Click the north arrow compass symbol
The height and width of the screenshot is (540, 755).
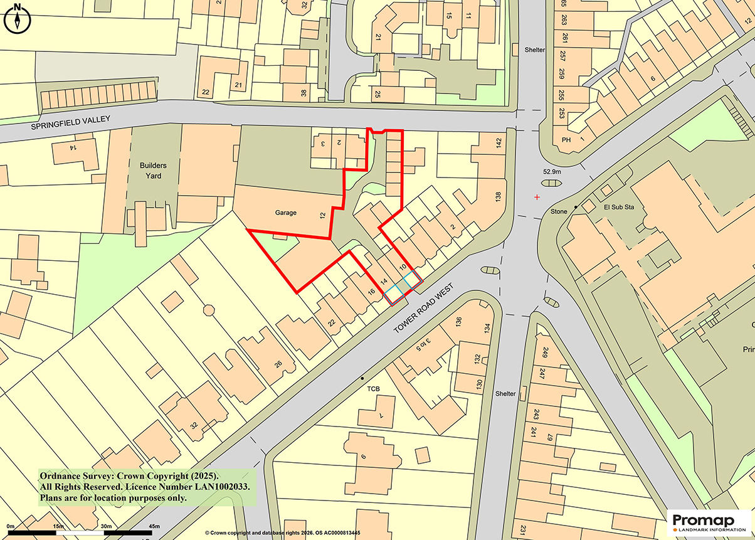point(18,18)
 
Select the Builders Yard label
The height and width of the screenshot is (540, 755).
point(150,171)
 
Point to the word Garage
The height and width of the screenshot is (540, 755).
point(285,213)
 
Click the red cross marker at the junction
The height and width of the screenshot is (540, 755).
point(537,197)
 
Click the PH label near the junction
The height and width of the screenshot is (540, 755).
point(566,140)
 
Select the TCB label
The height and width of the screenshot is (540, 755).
point(374,389)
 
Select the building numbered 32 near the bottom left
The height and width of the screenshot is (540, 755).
point(194,426)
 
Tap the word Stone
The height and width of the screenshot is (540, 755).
point(559,212)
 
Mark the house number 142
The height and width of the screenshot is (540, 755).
point(499,143)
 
